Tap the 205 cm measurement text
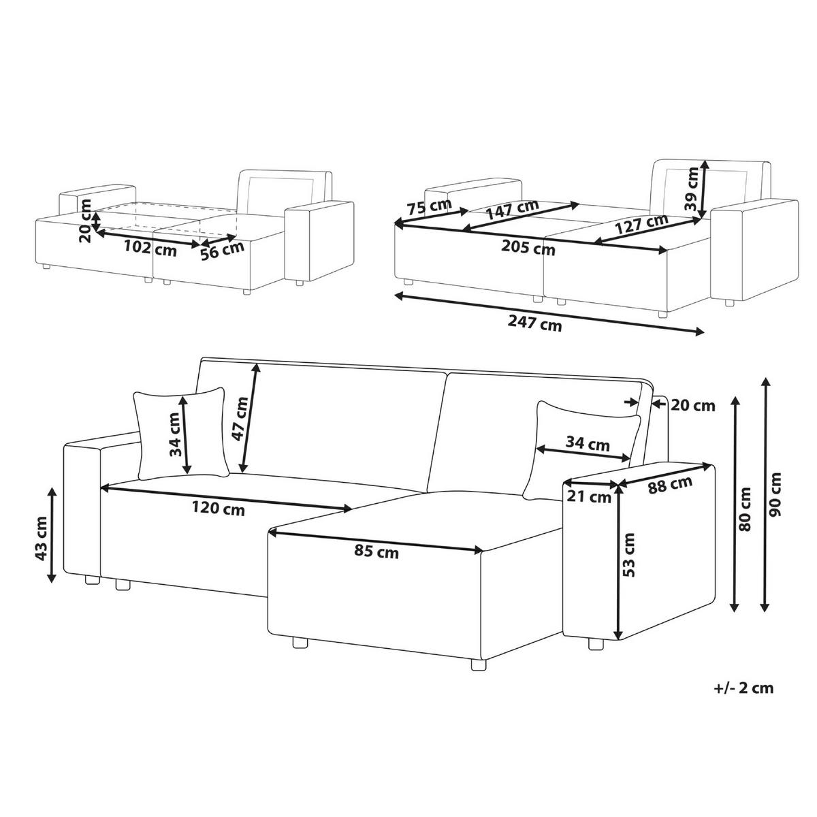(x=528, y=247)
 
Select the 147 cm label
(x=512, y=208)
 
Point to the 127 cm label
(x=641, y=223)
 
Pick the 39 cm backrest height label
(x=691, y=189)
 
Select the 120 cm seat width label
(x=219, y=509)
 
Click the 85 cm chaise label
(x=377, y=551)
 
